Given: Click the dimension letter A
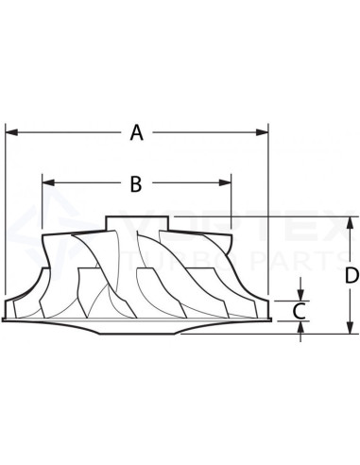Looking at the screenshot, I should pos(136,133).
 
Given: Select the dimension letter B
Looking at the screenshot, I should pos(135,184).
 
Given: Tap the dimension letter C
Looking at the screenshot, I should pos(300,310).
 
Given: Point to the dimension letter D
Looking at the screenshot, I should pos(351,276).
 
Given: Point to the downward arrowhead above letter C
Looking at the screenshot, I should pos(300,292).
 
